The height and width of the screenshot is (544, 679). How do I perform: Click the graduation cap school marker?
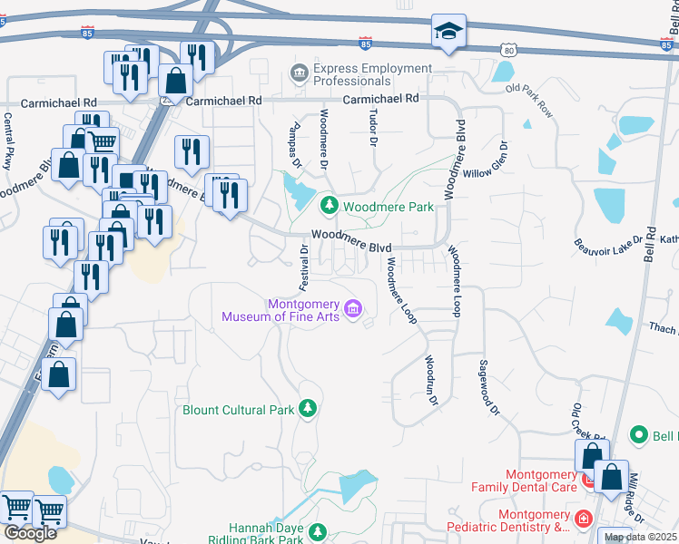coord(448,31)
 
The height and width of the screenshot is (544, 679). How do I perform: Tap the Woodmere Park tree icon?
coord(329,207)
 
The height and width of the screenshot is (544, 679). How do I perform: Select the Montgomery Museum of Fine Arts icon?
coord(354,310)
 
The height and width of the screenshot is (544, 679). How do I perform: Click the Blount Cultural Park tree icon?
coord(310,410)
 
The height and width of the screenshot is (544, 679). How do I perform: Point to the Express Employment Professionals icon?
coord(298,73)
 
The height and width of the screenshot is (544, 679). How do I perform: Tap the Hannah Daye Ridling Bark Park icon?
coord(318,531)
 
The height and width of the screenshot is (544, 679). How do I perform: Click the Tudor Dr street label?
coord(372,129)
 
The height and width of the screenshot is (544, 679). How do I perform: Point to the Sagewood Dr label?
coord(490,385)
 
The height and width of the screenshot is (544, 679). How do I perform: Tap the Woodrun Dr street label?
coord(432,380)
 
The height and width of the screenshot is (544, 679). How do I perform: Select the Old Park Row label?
coord(529,101)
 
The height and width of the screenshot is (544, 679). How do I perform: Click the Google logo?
coord(31,532)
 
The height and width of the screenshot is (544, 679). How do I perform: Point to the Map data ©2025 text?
coord(640,537)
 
